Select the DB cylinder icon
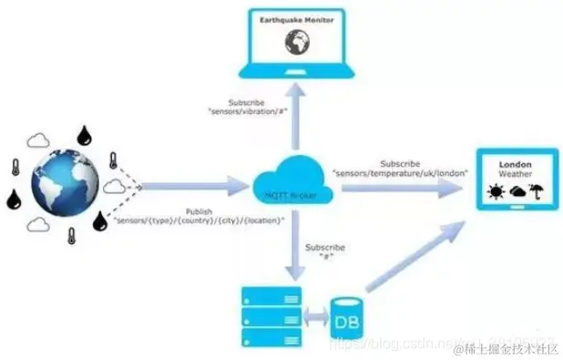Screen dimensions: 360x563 [x=347, y=316]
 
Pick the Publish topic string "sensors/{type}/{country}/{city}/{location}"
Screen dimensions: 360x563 [x=199, y=221]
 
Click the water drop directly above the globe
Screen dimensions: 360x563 [x=87, y=134]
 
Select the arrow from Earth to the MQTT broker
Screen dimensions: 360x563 [x=195, y=187]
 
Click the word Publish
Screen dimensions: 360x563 [x=199, y=211]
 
